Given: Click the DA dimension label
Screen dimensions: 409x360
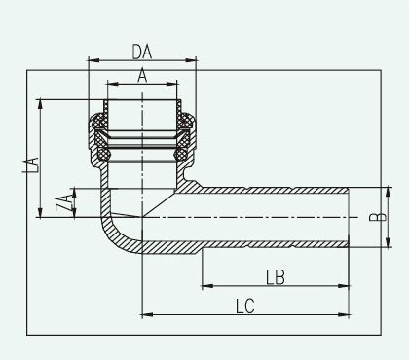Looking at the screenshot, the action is coord(142,52).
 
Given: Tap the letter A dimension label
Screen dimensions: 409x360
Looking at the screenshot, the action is coord(142,76).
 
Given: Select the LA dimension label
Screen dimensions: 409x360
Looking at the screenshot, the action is coord(31,164).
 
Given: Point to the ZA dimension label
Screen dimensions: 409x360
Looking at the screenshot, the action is coord(63,203).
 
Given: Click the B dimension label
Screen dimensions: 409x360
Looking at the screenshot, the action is coord(378,217).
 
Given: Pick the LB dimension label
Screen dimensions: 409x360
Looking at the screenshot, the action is coord(276,277).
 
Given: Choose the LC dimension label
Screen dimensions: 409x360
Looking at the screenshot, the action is coord(245,306).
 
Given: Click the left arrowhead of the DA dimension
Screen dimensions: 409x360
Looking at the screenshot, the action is coord(93,60).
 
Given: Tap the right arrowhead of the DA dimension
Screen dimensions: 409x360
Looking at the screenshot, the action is coord(191,60).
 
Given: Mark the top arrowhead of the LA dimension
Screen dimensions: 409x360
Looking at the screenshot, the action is coord(40,104).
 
